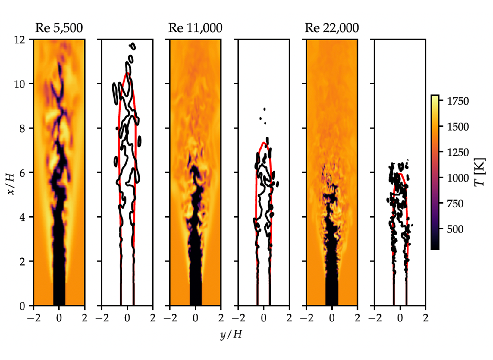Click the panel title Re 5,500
coord(59,28)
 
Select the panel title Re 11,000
coord(195,28)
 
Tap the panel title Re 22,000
coord(332,28)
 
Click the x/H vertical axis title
coord(11,184)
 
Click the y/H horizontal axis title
coord(231,334)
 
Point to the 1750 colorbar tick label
coord(458,101)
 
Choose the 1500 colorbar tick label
coord(458,127)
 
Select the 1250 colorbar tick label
coord(458,153)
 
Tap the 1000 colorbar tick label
coord(458,178)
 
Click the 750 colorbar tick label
coord(455,204)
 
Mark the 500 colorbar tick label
coord(455,229)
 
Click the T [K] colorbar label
coord(480,172)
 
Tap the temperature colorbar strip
coord(435,172)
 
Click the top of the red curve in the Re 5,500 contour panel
coord(127,73)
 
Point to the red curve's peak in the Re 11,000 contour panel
coord(264,142)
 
